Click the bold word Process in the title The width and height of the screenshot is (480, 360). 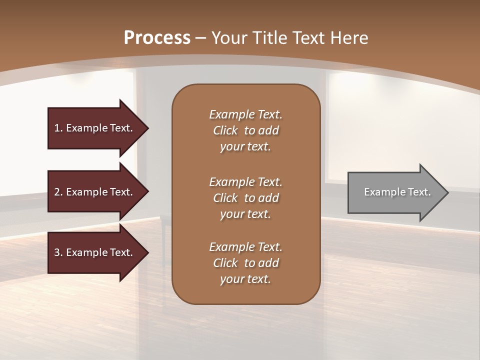point(157,38)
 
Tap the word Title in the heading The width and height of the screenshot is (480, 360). point(269,38)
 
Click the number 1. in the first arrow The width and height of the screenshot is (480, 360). point(58,128)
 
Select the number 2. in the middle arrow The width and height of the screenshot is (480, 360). point(58,192)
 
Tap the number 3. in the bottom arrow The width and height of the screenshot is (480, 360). point(58,252)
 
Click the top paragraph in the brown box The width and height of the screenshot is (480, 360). point(245,130)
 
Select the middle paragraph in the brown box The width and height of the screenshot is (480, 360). point(245,198)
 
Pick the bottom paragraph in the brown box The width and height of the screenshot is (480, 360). point(245,263)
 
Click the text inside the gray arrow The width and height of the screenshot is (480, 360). point(397,192)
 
